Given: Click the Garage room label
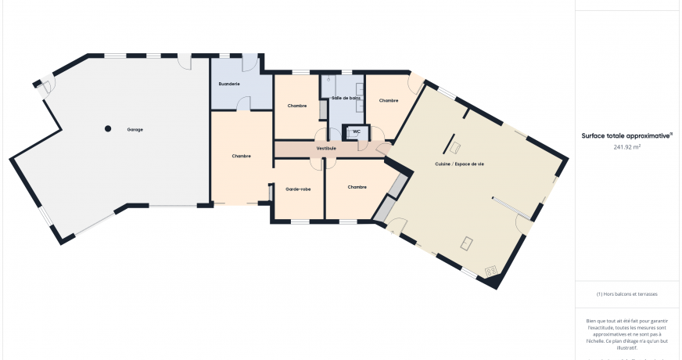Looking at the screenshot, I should [x=135, y=129].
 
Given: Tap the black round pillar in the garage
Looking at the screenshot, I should [x=109, y=128].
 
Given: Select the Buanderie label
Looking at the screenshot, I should [x=229, y=83].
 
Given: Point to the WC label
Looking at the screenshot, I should [x=356, y=131].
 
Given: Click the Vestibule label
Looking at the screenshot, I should [x=326, y=148].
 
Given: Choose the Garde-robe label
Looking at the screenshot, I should [x=297, y=189].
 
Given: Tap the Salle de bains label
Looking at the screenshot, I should [x=346, y=98].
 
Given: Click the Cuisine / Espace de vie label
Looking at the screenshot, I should [x=460, y=164].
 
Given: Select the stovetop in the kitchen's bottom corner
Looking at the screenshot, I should [x=492, y=272].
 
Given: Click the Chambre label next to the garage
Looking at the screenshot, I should [x=242, y=156].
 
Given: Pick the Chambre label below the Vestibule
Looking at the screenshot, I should [x=357, y=187].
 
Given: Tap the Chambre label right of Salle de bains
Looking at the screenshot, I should [x=389, y=100].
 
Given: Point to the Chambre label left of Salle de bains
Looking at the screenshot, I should [x=297, y=106].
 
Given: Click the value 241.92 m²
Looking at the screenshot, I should [x=627, y=146].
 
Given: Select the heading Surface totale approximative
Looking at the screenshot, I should [x=627, y=135].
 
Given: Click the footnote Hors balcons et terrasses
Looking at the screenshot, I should [x=626, y=294].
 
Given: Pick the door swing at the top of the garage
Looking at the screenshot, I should [x=183, y=62].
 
